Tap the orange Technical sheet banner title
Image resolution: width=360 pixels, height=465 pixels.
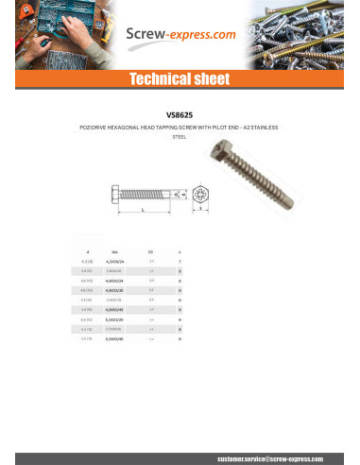(x=180, y=78)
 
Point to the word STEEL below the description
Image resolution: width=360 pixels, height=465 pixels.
(x=180, y=137)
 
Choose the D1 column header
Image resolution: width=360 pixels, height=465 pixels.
(x=151, y=252)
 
